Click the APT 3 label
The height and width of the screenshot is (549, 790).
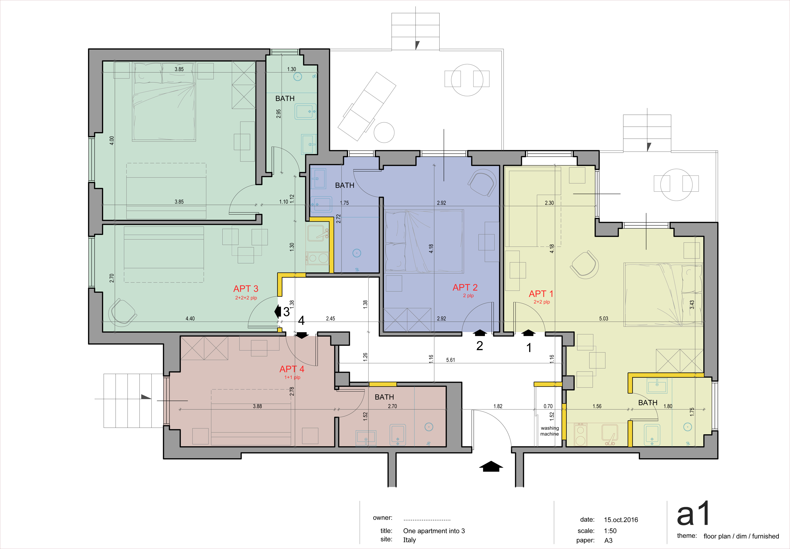246,289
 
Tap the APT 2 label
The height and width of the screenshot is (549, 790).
465,287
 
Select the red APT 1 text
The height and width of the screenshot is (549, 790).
541,294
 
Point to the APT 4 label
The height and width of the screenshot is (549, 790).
292,369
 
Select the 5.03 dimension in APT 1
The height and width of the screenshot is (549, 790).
604,319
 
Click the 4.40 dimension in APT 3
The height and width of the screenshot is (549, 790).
190,319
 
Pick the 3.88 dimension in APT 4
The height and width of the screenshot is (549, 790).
257,406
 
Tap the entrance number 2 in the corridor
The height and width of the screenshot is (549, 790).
480,346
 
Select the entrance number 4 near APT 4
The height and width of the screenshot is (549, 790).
301,321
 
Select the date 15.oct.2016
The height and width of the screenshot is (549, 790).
621,520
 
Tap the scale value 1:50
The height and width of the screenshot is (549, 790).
610,531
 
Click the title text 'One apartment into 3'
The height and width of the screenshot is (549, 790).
434,531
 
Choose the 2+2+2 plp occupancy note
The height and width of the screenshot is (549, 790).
246,298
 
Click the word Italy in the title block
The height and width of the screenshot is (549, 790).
409,540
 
